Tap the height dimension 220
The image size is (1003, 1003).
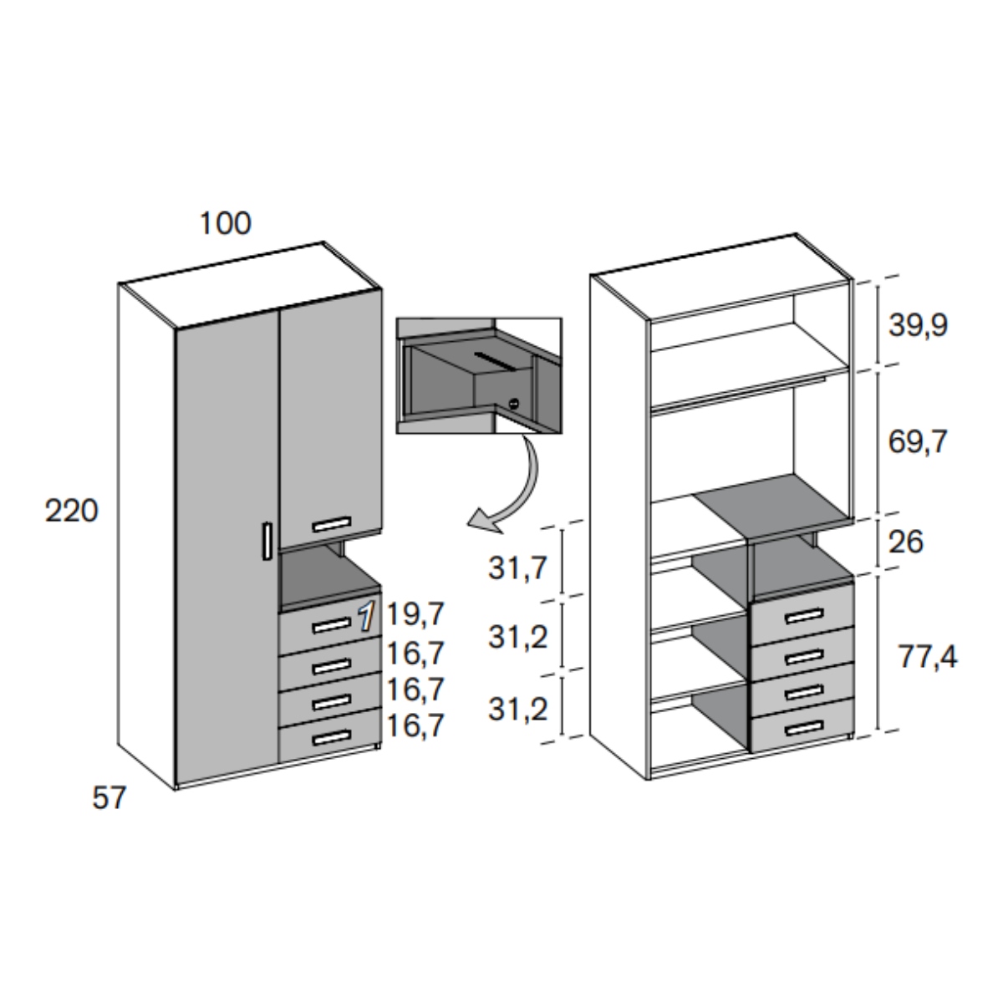71,511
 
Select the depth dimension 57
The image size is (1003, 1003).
109,798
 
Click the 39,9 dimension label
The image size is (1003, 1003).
918,326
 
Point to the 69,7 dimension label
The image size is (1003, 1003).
918,441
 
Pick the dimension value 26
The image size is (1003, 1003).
907,542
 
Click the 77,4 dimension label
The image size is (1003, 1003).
929,658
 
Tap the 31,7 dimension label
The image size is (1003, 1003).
517,568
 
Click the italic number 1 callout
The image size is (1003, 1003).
366,617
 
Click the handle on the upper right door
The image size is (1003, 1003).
332,525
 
